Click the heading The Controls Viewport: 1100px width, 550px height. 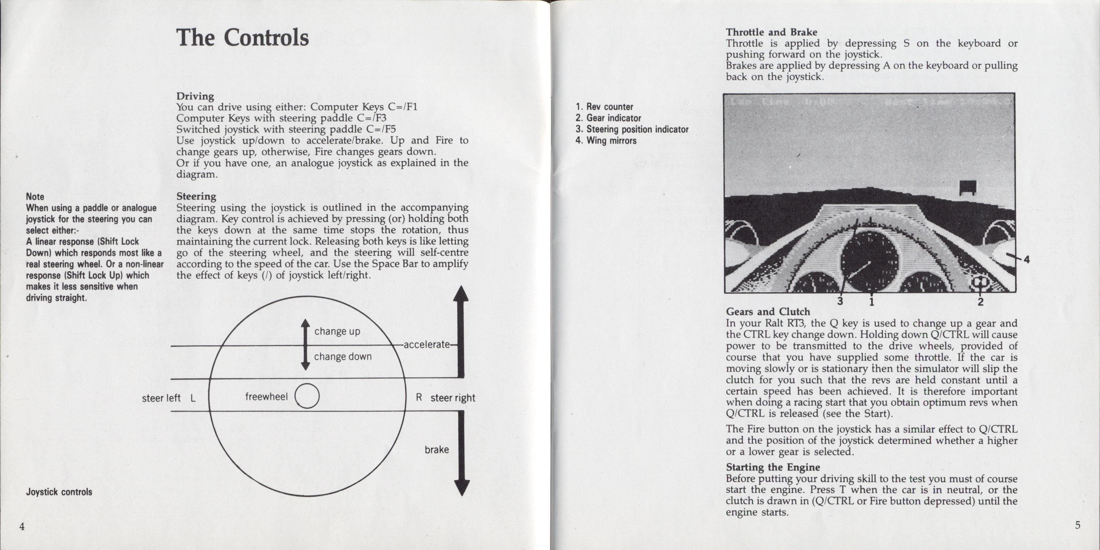[x=242, y=38]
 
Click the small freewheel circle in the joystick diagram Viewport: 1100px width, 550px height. [x=307, y=396]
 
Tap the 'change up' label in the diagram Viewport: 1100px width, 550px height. [x=337, y=331]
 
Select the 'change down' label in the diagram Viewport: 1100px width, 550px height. [x=343, y=357]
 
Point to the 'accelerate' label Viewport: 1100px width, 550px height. [x=427, y=345]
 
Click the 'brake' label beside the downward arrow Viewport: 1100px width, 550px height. [x=437, y=450]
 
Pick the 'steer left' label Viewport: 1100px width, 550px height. [x=161, y=398]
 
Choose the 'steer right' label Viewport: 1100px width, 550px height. [x=453, y=398]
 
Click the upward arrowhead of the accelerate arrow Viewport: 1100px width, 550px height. [x=461, y=295]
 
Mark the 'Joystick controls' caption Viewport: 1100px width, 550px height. [x=59, y=492]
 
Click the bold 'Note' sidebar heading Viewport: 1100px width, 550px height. [x=35, y=196]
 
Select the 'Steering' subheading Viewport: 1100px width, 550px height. [x=196, y=196]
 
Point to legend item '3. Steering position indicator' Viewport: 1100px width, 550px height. [x=632, y=130]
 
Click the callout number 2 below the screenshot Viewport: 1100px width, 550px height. [x=981, y=302]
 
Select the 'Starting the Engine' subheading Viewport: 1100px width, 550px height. [x=773, y=467]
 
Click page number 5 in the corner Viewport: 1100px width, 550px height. [x=1078, y=525]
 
